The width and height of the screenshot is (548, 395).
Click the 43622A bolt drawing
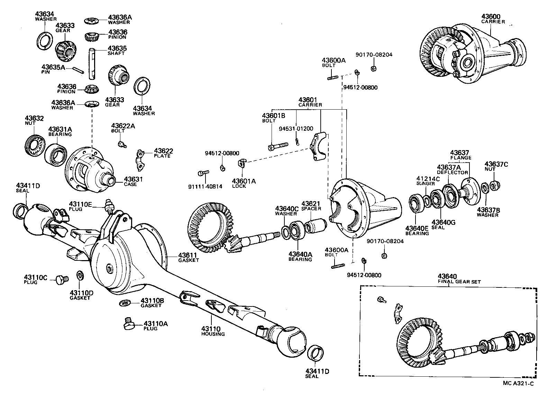(x=121, y=144)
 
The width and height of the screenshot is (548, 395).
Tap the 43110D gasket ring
(x=80, y=276)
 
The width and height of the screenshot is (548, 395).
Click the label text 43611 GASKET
(x=188, y=257)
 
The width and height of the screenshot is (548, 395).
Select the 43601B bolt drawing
(x=278, y=147)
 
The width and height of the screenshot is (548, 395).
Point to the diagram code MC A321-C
(x=518, y=383)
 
